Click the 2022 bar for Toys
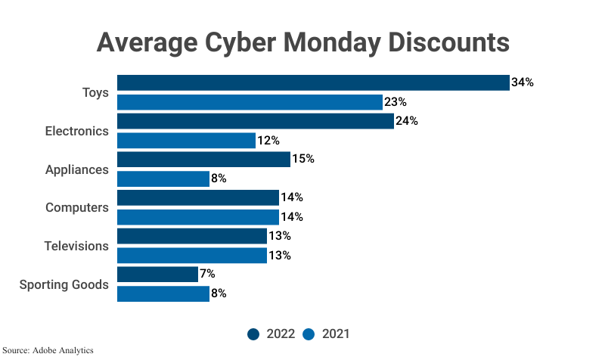[x=313, y=82]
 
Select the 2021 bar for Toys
[x=250, y=102]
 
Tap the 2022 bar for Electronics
[x=256, y=121]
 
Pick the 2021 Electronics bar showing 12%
[x=186, y=141]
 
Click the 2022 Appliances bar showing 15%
[x=203, y=160]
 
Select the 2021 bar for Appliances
[x=163, y=179]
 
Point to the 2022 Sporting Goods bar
[x=157, y=274]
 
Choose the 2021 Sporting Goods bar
[x=163, y=293]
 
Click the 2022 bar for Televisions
[x=192, y=236]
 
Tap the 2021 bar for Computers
[x=198, y=217]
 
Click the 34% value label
[x=523, y=82]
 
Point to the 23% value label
[x=396, y=102]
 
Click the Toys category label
[x=95, y=93]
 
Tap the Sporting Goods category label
[x=64, y=285]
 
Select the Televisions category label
[x=77, y=247]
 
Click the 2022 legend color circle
[x=253, y=334]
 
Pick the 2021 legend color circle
[x=309, y=334]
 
